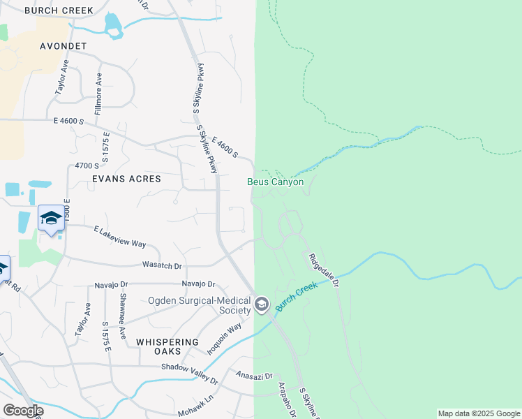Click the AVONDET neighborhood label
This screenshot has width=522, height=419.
click(62, 46)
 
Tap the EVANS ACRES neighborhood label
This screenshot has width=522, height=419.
click(126, 179)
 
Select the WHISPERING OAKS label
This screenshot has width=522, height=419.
click(167, 341)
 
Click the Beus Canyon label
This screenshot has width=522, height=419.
click(276, 182)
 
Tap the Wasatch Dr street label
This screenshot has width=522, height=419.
click(163, 266)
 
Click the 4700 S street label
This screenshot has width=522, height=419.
click(87, 166)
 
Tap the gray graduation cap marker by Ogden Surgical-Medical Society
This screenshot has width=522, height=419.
click(262, 304)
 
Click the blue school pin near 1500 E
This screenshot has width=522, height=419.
click(51, 218)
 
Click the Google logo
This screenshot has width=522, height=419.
click(23, 411)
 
